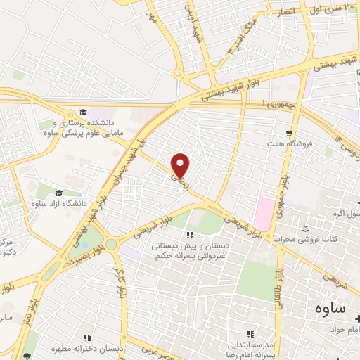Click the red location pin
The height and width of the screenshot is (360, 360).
click(181, 165)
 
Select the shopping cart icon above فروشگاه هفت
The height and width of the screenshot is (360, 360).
click(289, 133)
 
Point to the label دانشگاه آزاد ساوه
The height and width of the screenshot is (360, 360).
click(58, 203)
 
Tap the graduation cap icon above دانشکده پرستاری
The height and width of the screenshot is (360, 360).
click(83, 112)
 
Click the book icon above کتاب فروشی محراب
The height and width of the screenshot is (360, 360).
click(304, 229)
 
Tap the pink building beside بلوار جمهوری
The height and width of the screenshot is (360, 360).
click(266, 210)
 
